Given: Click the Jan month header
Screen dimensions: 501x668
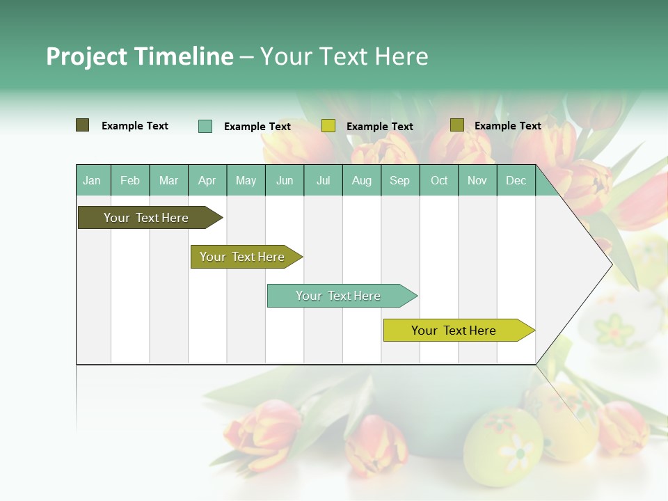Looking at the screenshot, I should tap(92, 180).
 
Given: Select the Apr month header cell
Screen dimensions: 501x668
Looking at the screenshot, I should tap(207, 180).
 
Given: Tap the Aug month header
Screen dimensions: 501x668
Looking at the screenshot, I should tap(362, 180).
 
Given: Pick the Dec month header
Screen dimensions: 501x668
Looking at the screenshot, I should tap(516, 180).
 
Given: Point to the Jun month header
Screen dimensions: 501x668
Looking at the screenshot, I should tap(285, 180).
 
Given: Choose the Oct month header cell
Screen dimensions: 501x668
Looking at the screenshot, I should tap(439, 180).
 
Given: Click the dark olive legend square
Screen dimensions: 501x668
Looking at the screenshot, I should tap(83, 125).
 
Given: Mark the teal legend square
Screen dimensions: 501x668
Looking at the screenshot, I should tap(205, 126).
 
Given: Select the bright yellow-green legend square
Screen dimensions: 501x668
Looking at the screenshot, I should tap(328, 126).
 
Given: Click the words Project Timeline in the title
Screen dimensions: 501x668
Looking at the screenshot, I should tap(139, 56).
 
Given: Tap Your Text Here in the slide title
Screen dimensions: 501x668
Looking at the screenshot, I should tap(344, 56).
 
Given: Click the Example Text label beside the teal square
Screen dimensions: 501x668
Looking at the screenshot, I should tap(257, 127).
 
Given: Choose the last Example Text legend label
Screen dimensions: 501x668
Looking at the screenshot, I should tap(507, 126).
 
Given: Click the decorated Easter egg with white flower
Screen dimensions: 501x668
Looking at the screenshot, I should tap(503, 445).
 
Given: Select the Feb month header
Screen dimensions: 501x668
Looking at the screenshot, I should tap(130, 180).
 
